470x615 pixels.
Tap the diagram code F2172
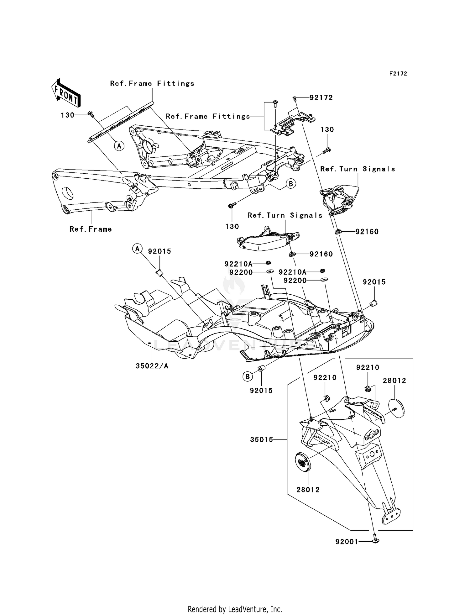[x=398, y=74]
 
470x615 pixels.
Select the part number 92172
[x=321, y=98]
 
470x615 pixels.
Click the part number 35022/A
[x=152, y=366]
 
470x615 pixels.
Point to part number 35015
[x=261, y=440]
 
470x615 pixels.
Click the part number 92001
[x=347, y=542]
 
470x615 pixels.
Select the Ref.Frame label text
[x=91, y=229]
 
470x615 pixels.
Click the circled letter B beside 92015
[x=248, y=376]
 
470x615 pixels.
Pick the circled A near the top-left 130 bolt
[x=119, y=145]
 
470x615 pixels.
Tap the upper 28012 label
[x=394, y=381]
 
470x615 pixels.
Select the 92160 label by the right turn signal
[x=367, y=232]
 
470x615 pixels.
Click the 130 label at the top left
[x=67, y=115]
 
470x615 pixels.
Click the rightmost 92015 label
[x=374, y=282]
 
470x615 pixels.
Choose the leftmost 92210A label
[x=238, y=264]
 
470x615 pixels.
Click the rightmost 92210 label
[x=368, y=367]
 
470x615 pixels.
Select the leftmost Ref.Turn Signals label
[x=285, y=215]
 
